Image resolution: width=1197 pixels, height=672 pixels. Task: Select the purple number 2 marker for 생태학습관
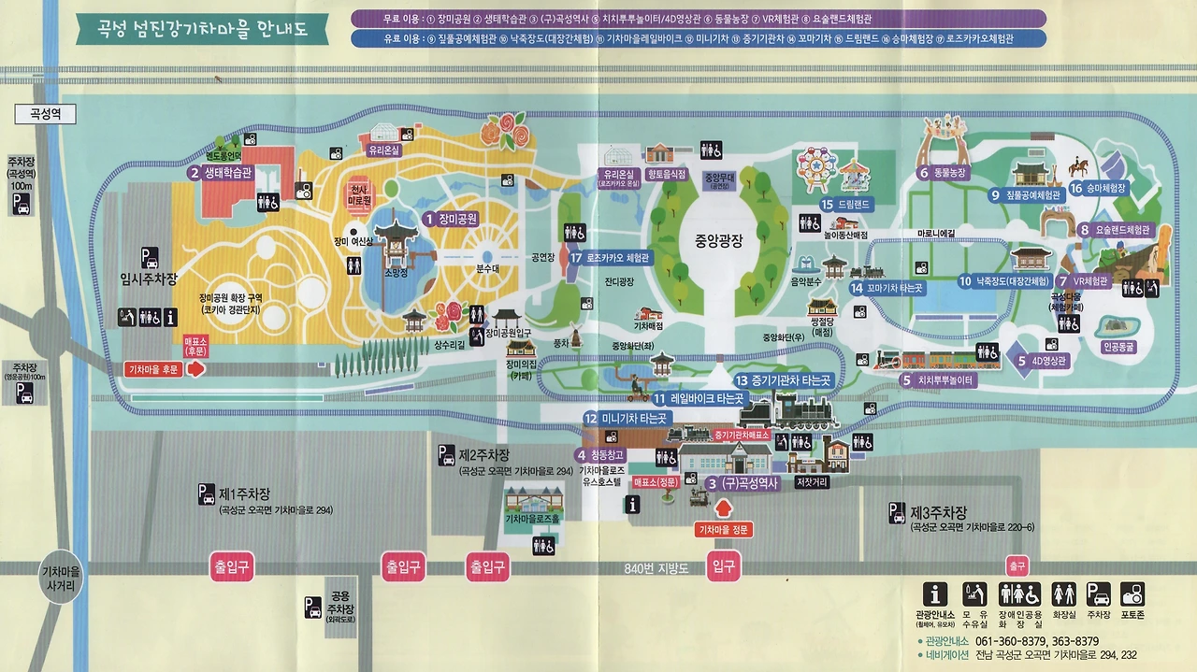195,172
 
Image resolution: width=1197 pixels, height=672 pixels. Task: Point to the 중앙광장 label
718,239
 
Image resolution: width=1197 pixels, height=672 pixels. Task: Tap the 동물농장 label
950,172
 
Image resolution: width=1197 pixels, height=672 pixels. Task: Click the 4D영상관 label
1044,360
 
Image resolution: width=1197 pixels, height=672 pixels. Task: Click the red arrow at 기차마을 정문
723,508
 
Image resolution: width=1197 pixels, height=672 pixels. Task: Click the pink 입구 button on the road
724,566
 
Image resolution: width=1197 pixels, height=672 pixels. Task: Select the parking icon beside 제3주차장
897,512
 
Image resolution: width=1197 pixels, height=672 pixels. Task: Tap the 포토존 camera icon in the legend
1132,593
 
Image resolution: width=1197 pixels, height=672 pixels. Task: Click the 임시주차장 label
149,278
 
